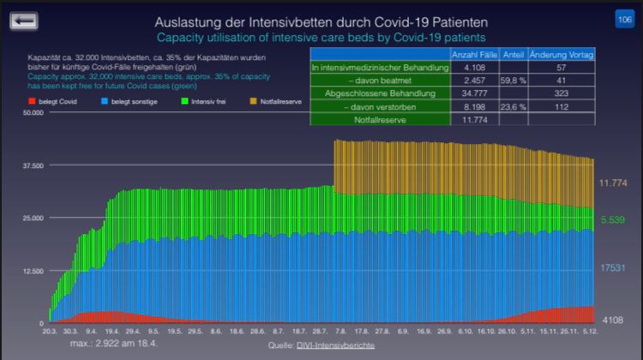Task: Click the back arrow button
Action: click(23, 19)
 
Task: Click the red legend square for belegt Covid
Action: click(31, 101)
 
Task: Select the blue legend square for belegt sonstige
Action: click(105, 101)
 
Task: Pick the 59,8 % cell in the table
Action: click(514, 80)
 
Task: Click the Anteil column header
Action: click(514, 54)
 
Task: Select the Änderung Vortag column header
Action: click(562, 54)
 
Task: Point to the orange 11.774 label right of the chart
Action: click(614, 183)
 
